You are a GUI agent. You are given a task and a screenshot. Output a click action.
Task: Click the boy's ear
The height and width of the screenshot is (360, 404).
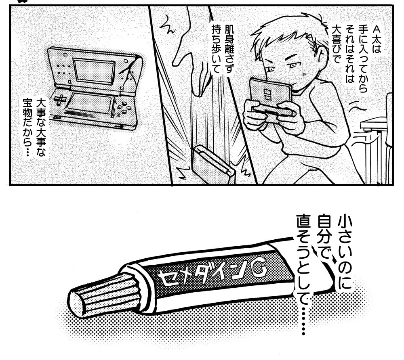click(321, 52)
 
